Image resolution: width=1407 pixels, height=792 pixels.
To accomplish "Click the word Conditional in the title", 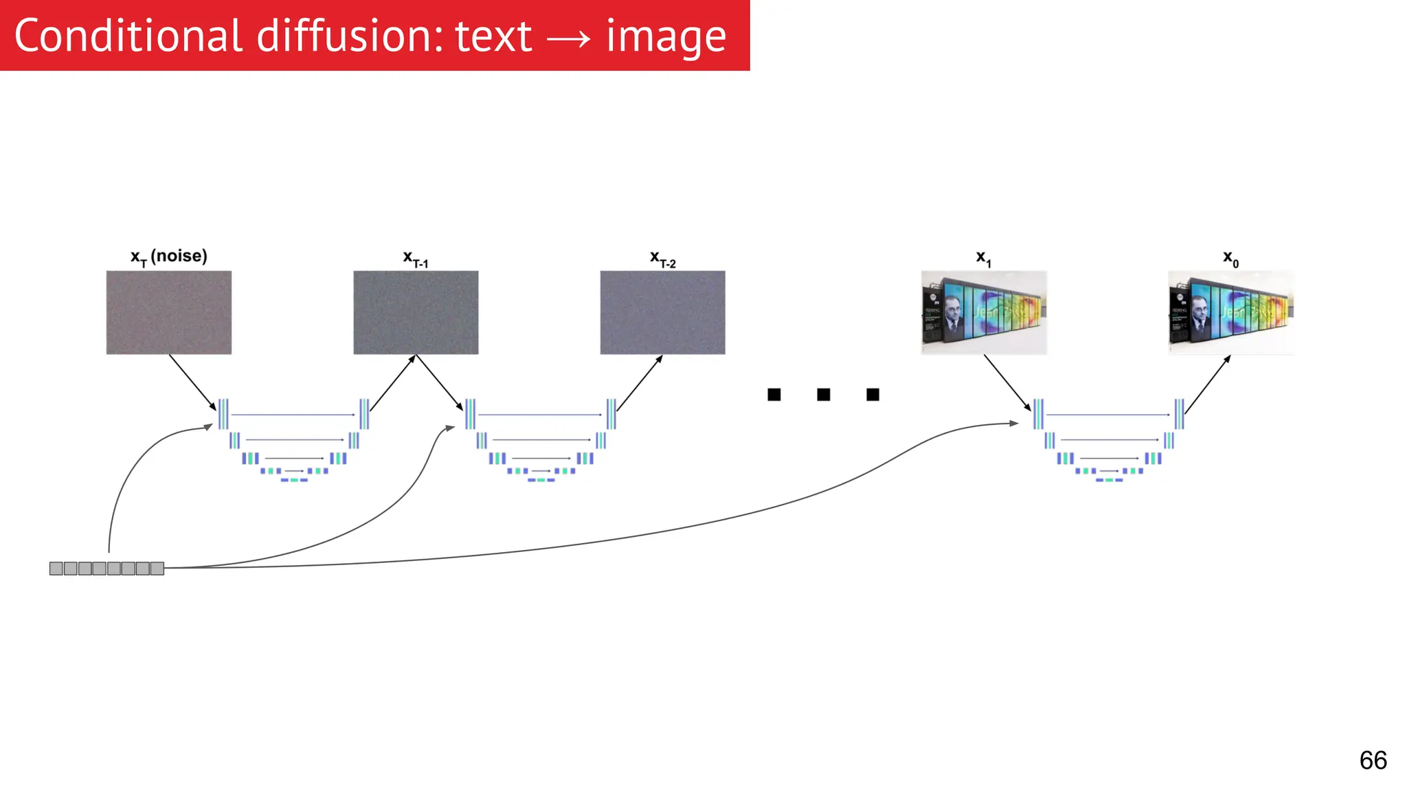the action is [x=128, y=36].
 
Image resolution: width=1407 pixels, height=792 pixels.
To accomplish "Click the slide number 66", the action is [x=1373, y=760].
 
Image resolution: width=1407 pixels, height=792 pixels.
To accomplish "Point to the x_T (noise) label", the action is [x=168, y=256].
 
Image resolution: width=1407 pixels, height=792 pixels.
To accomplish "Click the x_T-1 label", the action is [x=415, y=259].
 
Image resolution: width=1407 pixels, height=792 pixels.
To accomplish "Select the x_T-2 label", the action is [x=662, y=259].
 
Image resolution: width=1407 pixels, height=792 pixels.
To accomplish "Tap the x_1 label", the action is [x=983, y=258].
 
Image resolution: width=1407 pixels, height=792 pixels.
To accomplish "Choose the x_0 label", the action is [x=1230, y=258].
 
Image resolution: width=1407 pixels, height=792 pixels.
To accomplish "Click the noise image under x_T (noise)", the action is [x=168, y=313].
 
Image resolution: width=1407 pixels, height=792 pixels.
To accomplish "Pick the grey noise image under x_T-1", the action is [x=416, y=313].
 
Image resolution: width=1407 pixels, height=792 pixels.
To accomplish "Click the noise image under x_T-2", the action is [x=662, y=313].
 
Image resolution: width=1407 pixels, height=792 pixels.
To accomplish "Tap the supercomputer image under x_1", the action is [x=984, y=313].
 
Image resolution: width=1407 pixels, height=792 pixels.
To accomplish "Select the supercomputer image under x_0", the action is [x=1230, y=313].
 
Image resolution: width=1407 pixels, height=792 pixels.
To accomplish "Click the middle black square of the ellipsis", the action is [x=823, y=395].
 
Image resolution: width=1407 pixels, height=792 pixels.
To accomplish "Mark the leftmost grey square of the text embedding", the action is [x=56, y=569].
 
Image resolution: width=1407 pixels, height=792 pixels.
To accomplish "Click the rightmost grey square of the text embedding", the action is [x=157, y=569].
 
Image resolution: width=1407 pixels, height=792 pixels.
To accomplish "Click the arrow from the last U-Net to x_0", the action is [x=1208, y=384].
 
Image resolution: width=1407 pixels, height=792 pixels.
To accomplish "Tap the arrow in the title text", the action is [x=568, y=38].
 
